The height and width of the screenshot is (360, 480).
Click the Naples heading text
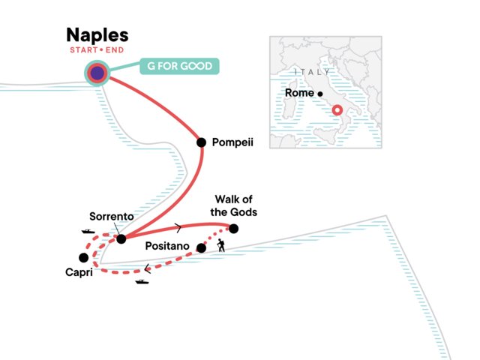[x=97, y=35]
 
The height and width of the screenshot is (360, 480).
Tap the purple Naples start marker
[x=97, y=73]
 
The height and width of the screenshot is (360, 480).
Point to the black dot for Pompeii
[x=201, y=142]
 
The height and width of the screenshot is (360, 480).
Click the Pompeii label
[x=234, y=142]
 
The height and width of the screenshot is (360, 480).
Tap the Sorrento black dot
[x=121, y=238]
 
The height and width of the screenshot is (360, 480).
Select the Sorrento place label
[x=110, y=215]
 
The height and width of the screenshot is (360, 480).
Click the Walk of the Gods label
[x=234, y=205]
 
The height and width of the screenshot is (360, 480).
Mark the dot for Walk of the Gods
[x=234, y=229]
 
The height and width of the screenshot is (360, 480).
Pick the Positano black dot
[x=201, y=247]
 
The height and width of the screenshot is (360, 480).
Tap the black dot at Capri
[x=83, y=257]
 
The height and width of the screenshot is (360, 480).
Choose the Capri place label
[x=78, y=273]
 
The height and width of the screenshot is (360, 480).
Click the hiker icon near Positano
[x=221, y=246]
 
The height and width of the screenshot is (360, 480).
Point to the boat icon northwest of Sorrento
[x=88, y=233]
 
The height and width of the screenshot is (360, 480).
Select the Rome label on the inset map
[x=299, y=93]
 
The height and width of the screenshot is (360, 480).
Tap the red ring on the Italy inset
[x=337, y=110]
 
